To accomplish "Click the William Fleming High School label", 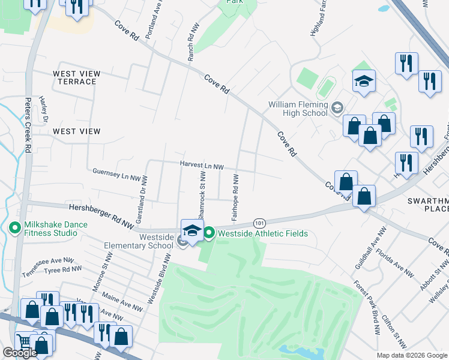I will point(298,109).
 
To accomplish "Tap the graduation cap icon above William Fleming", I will point(364,81).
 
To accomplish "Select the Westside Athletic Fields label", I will point(262,233).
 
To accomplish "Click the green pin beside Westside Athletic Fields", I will point(209,233).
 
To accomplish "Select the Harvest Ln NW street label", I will point(202,166).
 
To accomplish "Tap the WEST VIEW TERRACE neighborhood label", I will point(77,77).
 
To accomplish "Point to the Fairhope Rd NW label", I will point(235,196).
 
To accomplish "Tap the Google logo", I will point(20,353).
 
